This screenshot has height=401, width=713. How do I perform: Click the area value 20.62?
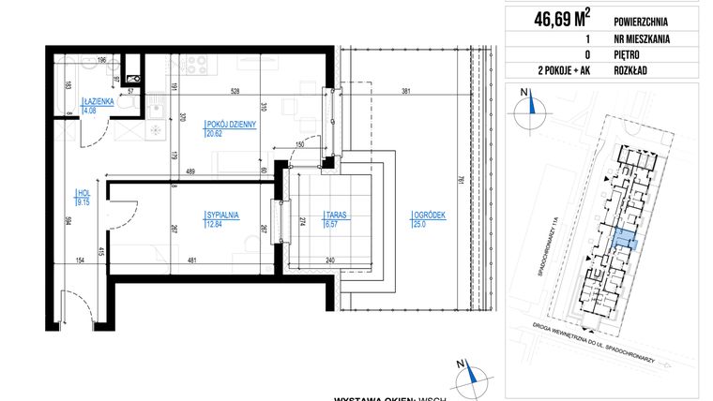(x=215, y=134)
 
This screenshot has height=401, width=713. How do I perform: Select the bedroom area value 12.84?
(x=215, y=225)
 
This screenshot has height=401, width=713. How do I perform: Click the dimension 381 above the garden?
(x=404, y=92)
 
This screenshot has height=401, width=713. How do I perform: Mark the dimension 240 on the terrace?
(x=331, y=260)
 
